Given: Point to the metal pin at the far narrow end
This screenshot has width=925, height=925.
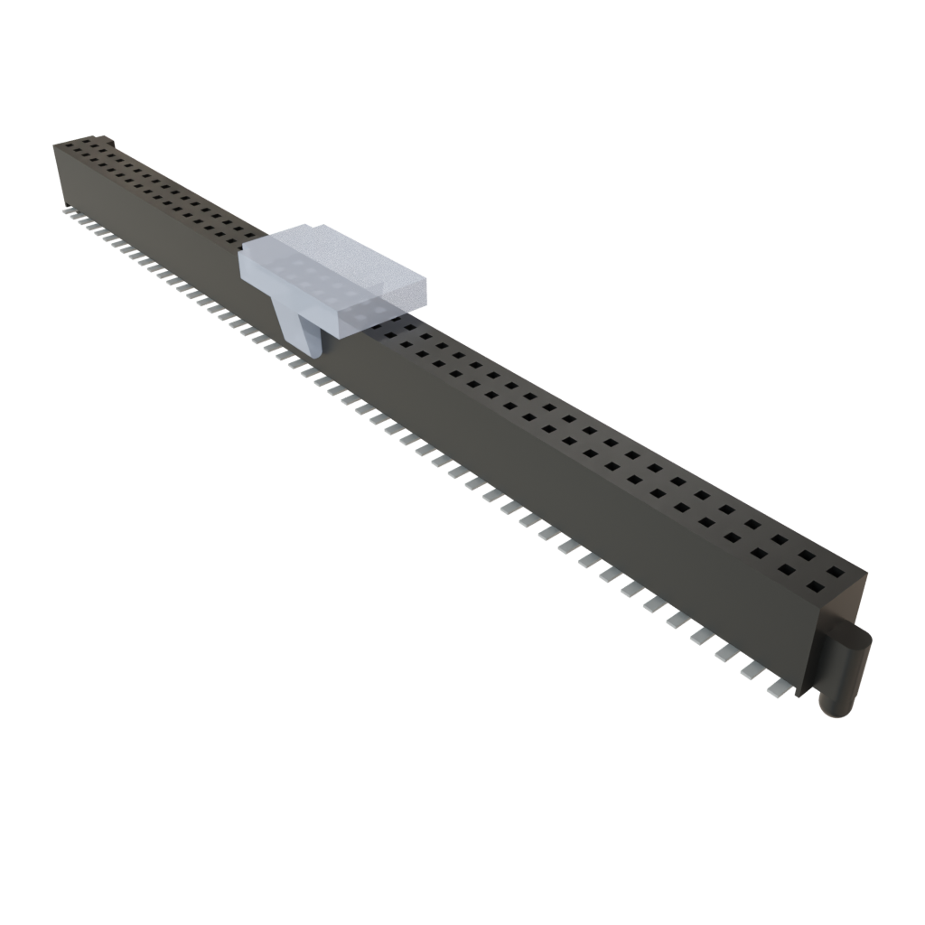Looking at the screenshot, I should (69, 211).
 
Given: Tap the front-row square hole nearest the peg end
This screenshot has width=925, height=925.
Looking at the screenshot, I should (814, 587).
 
